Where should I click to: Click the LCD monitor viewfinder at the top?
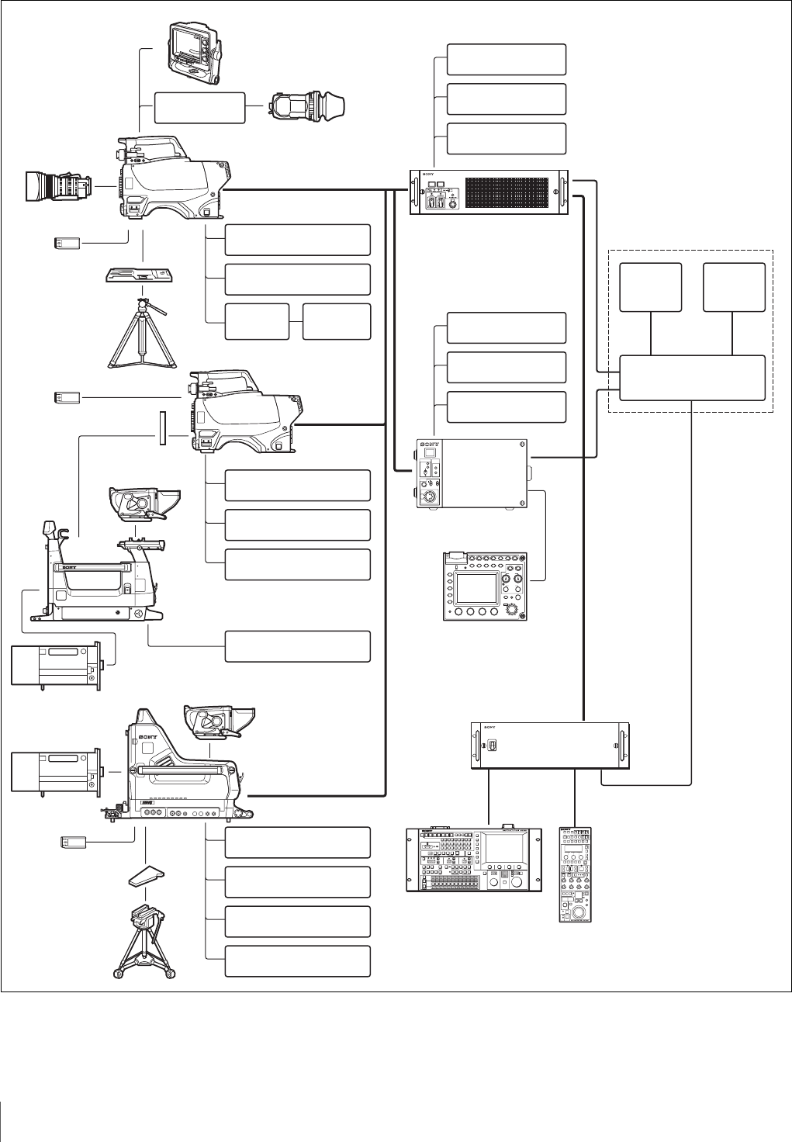pyautogui.click(x=195, y=53)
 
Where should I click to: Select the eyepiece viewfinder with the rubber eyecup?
pyautogui.click(x=308, y=106)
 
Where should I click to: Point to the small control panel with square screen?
pyautogui.click(x=485, y=585)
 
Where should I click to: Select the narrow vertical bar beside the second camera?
pyautogui.click(x=161, y=429)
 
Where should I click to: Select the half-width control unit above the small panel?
pyautogui.click(x=473, y=473)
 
